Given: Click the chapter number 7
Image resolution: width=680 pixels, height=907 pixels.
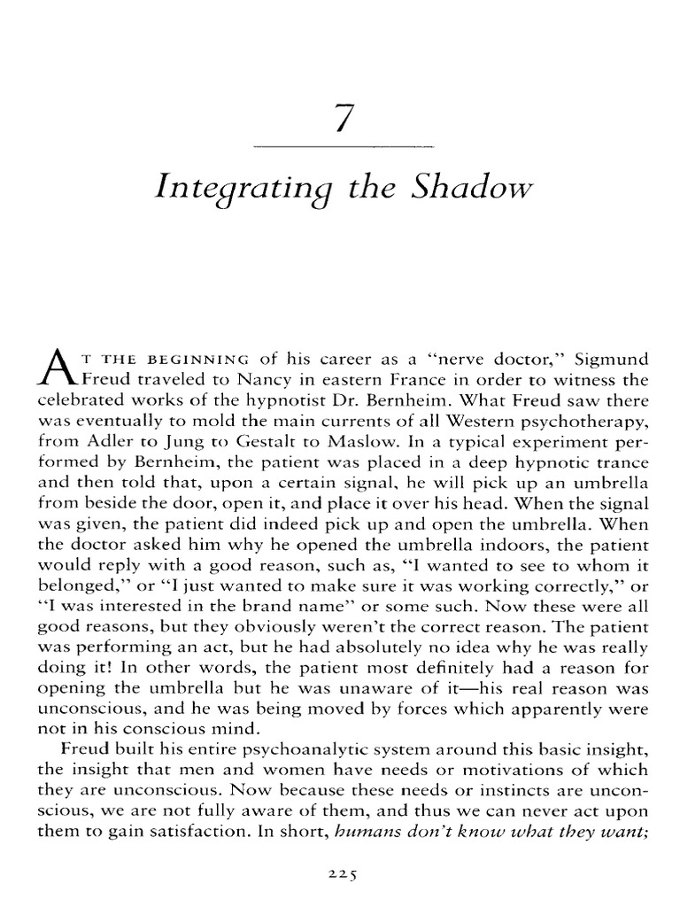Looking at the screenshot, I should click(x=342, y=119).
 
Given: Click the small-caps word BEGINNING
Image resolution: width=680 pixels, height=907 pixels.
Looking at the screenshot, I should click(x=196, y=360).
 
